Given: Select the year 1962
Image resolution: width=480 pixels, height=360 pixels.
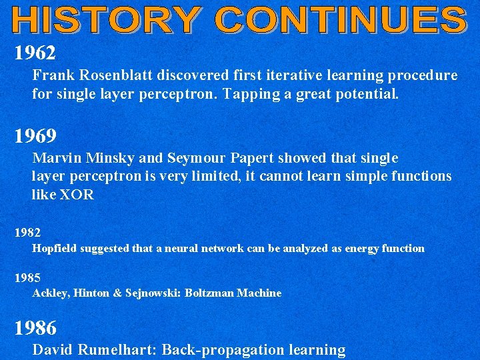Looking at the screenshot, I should click(35, 52).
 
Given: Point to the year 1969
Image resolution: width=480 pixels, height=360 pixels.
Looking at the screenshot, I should click(35, 136).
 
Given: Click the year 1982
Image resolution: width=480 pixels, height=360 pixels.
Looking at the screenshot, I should click(28, 233).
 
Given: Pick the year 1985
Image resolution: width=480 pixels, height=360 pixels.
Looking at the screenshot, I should click(28, 277).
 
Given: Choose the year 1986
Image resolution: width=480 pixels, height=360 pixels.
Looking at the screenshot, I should click(35, 327).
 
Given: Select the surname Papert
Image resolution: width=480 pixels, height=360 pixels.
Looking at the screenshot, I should click(251, 159).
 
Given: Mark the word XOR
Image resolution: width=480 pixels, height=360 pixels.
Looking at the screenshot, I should click(77, 195).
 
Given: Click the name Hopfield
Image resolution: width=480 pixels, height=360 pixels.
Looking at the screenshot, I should click(55, 249).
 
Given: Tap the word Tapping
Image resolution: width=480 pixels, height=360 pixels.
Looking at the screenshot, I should click(248, 95).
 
